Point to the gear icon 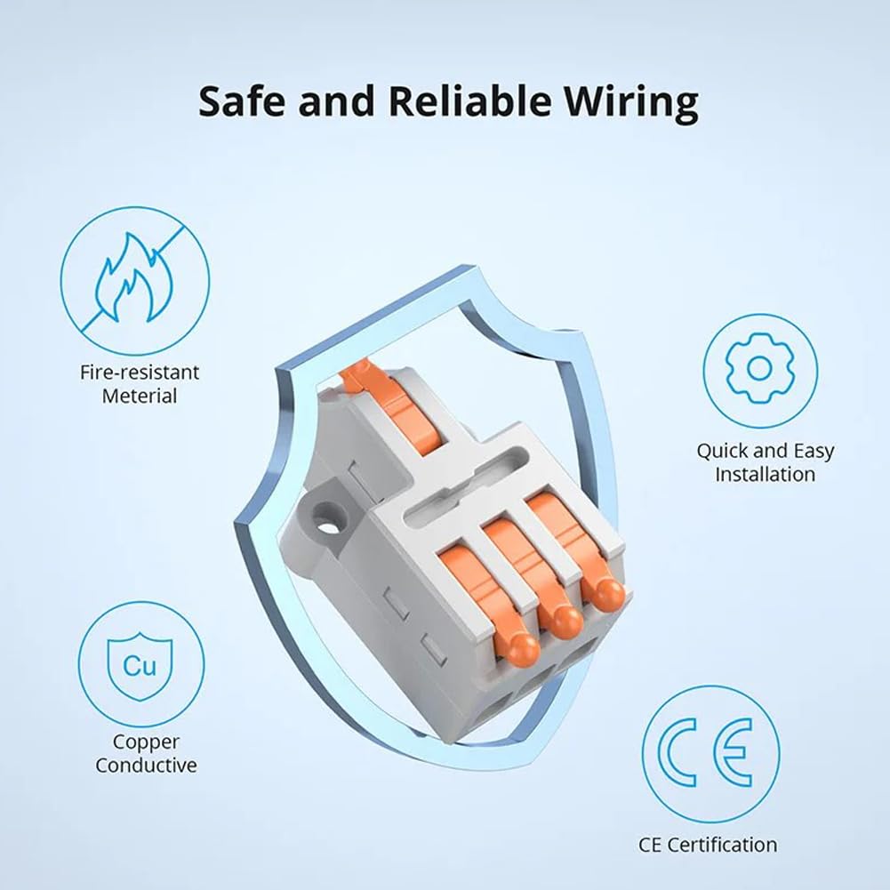pyautogui.click(x=760, y=369)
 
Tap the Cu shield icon pyautogui.click(x=140, y=665)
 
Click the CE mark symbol pyautogui.click(x=710, y=752)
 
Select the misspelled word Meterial pyautogui.click(x=140, y=396)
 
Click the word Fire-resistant pyautogui.click(x=140, y=373)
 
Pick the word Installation pyautogui.click(x=765, y=474)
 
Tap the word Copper pyautogui.click(x=146, y=742)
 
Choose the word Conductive pyautogui.click(x=146, y=766)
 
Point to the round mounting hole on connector pyautogui.click(x=325, y=526)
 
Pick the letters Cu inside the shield pyautogui.click(x=140, y=665)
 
